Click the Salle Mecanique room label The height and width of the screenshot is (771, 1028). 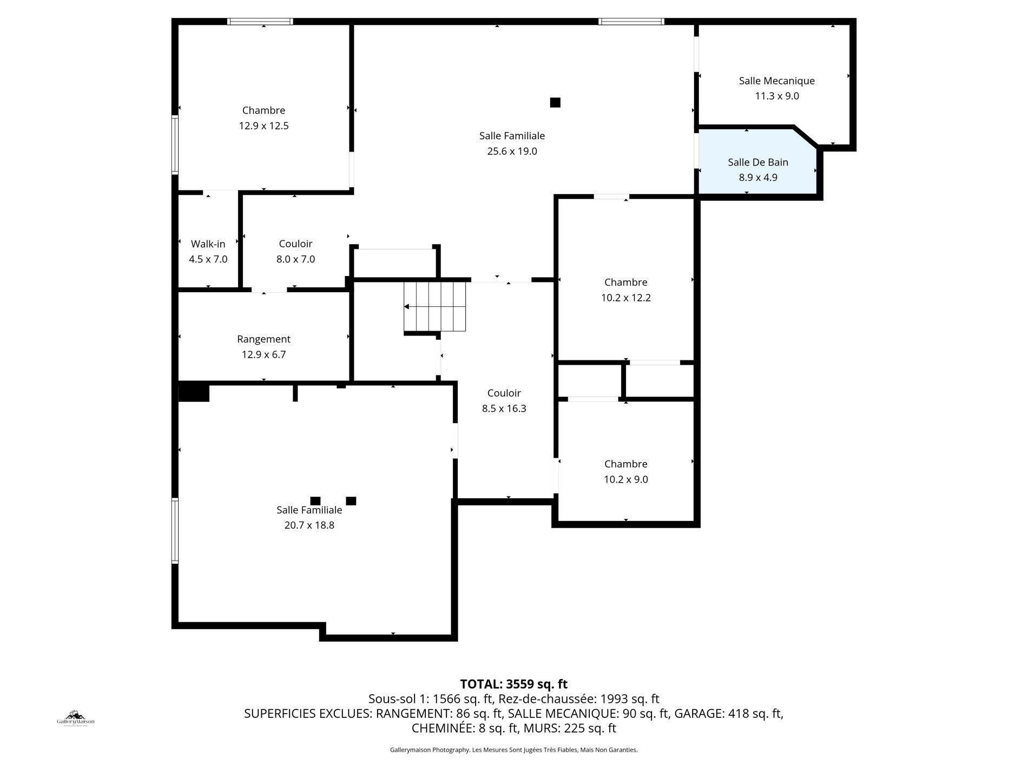click(x=776, y=81)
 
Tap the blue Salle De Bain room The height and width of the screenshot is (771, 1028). click(x=757, y=169)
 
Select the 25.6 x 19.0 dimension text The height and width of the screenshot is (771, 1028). click(x=512, y=151)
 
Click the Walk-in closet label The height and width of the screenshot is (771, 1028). click(x=208, y=244)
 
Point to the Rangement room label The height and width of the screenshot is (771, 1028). click(x=263, y=339)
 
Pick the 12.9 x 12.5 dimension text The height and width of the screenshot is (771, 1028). click(x=263, y=126)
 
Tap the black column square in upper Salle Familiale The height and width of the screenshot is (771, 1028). click(x=555, y=102)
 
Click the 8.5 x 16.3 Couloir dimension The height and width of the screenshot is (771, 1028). click(x=504, y=408)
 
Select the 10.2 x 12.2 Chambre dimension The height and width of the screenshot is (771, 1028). click(x=625, y=298)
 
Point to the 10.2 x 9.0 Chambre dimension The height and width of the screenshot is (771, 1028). click(x=625, y=479)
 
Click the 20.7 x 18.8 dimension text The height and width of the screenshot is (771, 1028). click(x=309, y=525)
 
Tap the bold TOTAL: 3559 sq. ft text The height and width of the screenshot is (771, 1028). click(x=513, y=684)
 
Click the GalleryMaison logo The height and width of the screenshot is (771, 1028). click(x=76, y=719)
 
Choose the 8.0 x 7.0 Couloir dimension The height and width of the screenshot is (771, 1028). click(x=295, y=259)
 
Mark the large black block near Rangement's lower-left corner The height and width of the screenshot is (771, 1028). click(x=194, y=392)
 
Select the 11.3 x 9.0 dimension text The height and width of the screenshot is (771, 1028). click(x=776, y=96)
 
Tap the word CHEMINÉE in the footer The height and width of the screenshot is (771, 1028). click(x=443, y=728)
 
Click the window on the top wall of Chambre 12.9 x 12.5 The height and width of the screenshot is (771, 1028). click(x=260, y=22)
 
